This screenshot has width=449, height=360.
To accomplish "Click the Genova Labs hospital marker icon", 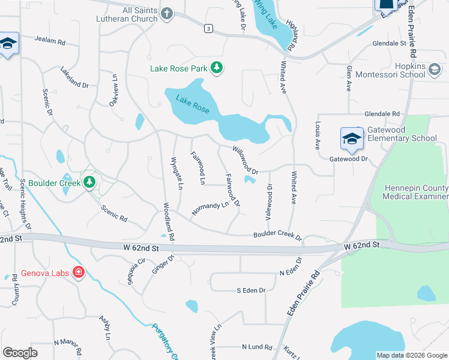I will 78,272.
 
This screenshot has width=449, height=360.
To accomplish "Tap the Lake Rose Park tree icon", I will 217,68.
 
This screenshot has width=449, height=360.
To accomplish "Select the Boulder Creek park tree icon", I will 89,181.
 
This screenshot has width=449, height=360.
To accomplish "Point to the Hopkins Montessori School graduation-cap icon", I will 435,71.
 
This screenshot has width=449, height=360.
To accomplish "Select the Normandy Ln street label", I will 211,208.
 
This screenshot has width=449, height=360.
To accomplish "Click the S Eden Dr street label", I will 251,290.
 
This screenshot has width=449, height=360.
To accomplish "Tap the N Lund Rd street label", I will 257,347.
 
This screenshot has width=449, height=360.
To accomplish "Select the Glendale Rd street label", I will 382,113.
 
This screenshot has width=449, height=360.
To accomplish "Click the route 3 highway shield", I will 208,28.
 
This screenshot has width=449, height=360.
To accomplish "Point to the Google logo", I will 20,352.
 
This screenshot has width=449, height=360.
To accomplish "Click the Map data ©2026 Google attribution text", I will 411,355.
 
